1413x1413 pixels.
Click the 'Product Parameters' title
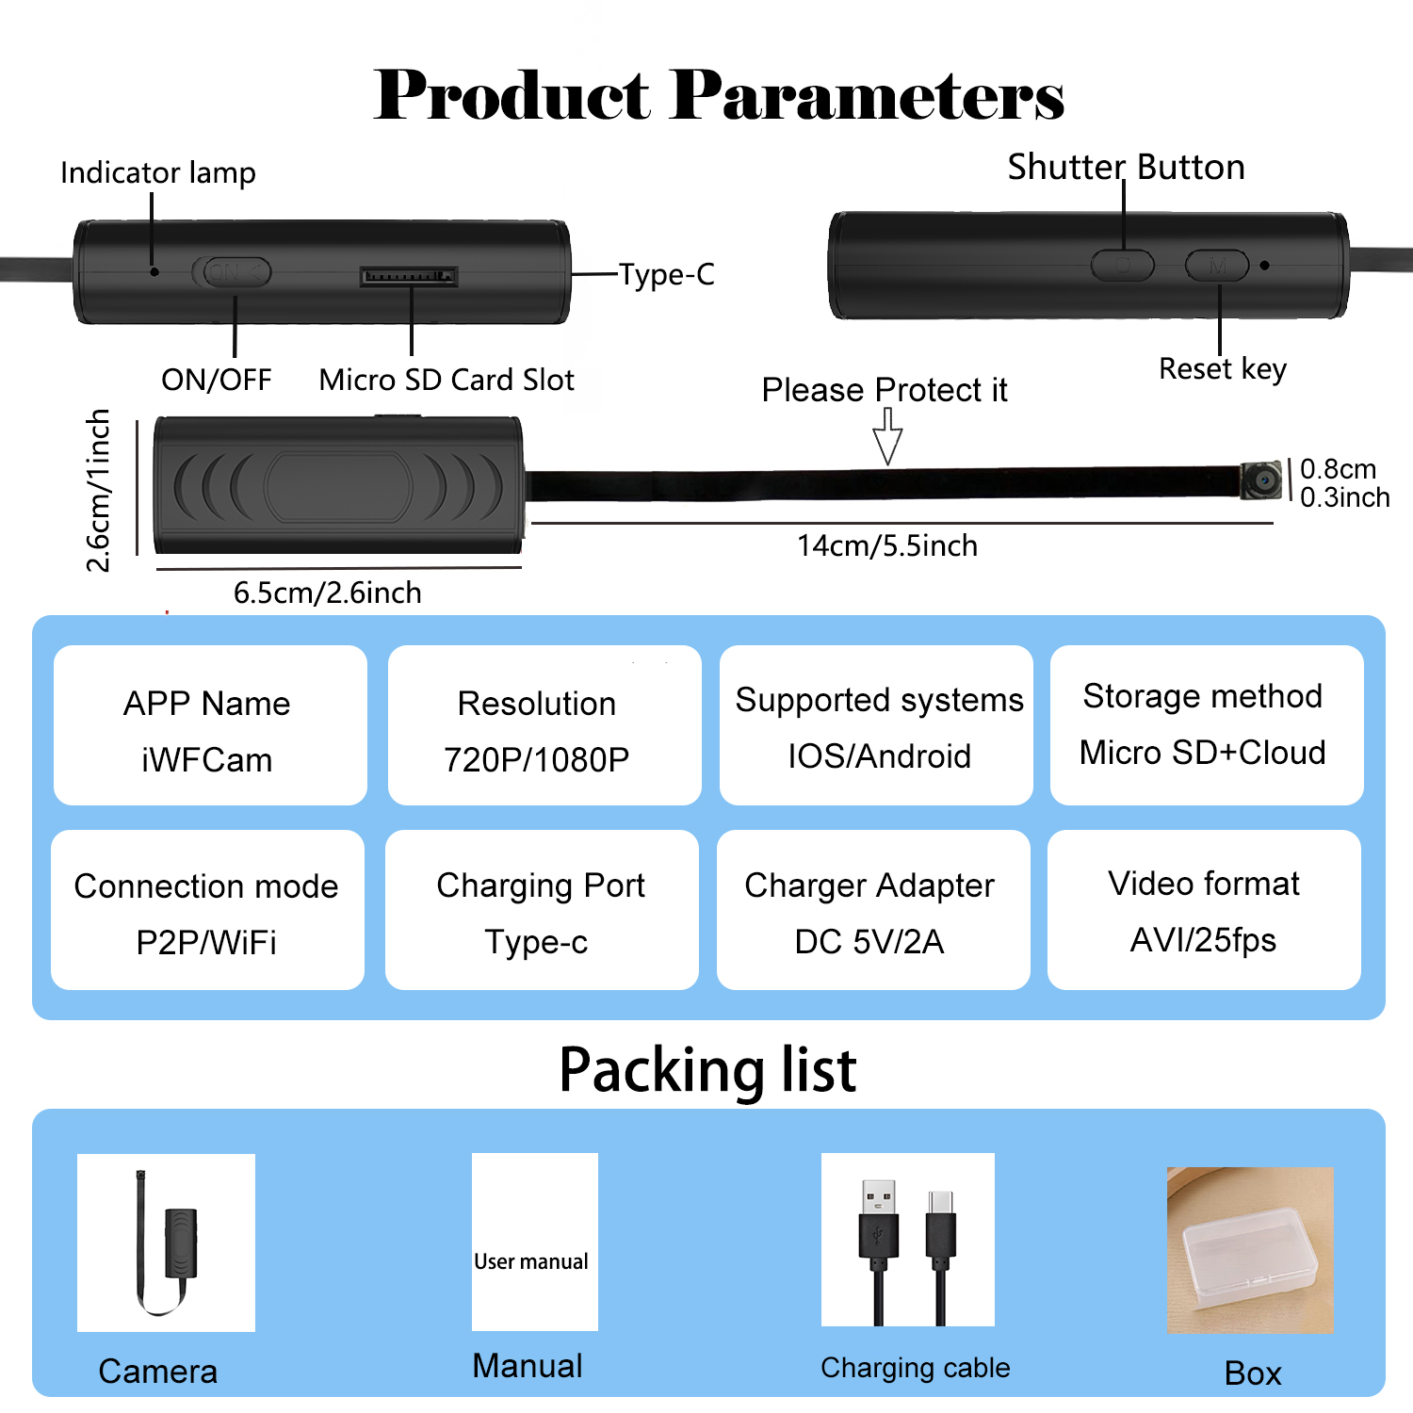719,95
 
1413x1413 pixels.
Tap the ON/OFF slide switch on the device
232,272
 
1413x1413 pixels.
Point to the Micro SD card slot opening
409,276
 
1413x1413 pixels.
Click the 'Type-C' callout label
667,274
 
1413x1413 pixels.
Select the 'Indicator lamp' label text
158,173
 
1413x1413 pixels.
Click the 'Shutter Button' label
1127,168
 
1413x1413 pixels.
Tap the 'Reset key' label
1223,369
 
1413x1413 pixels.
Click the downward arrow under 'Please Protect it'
887,435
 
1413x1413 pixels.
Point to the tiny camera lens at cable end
1261,480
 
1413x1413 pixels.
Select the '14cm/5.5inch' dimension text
887,545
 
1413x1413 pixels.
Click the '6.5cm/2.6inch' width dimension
328,593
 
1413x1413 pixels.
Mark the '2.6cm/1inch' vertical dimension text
98,490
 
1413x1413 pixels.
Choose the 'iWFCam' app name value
207,760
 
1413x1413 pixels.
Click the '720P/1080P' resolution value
537,759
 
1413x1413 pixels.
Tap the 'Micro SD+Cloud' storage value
1203,753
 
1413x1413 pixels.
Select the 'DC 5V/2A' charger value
869,942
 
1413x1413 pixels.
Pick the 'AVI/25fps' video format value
1204,940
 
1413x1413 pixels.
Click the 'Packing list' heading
708,1071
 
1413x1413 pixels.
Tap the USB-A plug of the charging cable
879,1219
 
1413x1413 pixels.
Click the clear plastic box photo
1250,1250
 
